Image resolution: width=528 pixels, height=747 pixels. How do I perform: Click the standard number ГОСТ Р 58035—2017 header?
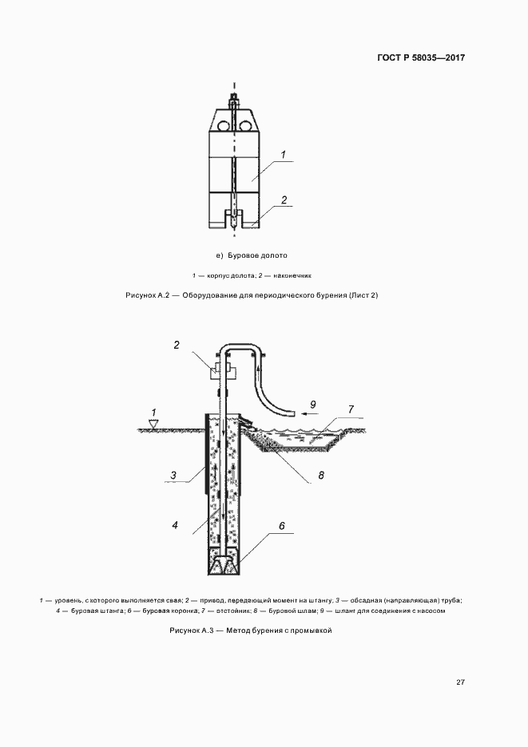(x=419, y=59)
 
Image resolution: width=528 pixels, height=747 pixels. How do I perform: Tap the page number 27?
(x=461, y=682)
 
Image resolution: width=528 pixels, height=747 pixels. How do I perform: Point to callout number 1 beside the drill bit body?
(x=284, y=153)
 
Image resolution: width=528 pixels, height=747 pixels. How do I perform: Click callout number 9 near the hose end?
(x=312, y=404)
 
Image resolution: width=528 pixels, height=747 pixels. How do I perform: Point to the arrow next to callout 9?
(x=312, y=415)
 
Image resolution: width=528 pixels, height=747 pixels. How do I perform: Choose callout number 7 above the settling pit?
(x=349, y=409)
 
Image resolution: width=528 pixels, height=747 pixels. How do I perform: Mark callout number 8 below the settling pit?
(x=320, y=476)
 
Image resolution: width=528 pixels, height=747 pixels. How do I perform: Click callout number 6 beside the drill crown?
(x=281, y=527)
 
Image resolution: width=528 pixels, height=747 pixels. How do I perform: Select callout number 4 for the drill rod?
(x=174, y=526)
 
